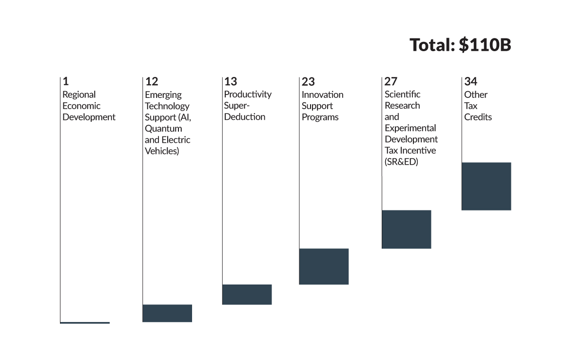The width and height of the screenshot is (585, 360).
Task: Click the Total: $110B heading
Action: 460,45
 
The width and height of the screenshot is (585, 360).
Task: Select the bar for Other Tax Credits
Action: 486,186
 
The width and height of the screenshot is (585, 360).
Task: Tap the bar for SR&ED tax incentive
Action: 406,229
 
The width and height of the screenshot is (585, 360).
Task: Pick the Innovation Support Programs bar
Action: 324,266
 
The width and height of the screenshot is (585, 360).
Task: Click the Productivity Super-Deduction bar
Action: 247,294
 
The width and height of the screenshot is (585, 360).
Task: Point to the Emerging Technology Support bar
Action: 167,313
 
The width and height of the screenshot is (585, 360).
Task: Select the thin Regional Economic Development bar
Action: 85,322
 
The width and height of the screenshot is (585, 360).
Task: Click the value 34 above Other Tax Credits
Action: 470,81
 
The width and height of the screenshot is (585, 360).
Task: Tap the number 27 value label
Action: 390,81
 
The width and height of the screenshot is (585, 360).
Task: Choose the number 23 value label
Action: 308,81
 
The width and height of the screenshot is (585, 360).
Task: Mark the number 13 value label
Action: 230,81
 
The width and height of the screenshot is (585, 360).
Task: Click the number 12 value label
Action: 152,81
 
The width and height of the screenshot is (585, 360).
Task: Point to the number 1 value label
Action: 65,81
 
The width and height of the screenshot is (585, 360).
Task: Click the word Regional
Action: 79,95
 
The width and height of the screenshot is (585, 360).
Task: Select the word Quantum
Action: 163,129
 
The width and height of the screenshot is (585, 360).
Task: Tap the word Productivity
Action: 248,95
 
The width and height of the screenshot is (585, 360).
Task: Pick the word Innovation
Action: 322,95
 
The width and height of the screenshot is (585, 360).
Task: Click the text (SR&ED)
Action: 401,162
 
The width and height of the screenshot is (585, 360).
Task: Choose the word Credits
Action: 478,117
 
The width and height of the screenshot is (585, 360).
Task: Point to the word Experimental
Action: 410,128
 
